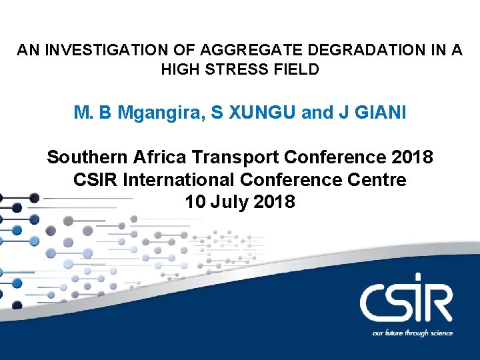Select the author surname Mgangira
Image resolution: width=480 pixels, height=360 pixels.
coord(161,113)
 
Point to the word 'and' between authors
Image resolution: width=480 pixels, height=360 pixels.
coord(317,113)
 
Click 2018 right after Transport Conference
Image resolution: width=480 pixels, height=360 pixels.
coord(411,158)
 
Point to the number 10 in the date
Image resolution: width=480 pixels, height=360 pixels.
coord(196,201)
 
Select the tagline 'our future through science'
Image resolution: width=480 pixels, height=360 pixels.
coord(413,333)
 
